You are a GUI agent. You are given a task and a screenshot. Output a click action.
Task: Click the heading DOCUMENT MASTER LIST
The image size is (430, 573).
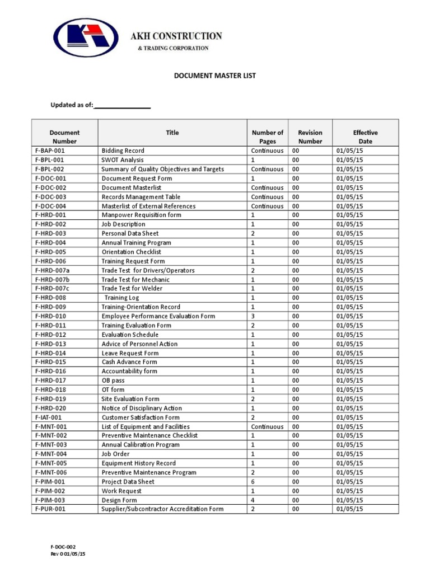click(x=215, y=76)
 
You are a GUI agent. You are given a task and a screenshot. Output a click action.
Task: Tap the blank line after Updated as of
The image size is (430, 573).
click(x=122, y=105)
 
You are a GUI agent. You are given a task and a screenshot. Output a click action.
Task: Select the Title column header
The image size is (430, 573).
click(x=172, y=133)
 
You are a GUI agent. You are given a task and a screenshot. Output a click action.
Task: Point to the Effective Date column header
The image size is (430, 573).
click(x=365, y=137)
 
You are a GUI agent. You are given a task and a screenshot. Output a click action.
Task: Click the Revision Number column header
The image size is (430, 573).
click(x=310, y=137)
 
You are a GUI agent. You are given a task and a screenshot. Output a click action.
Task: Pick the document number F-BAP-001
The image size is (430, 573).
click(x=50, y=151)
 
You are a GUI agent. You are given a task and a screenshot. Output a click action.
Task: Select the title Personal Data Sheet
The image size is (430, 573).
click(x=130, y=233)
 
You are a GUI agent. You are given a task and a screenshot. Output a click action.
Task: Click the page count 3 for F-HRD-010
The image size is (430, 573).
click(x=253, y=316)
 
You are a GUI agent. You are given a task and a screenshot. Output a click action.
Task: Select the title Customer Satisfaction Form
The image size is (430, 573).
click(x=141, y=417)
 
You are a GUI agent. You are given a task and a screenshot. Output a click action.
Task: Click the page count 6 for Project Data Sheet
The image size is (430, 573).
click(x=253, y=482)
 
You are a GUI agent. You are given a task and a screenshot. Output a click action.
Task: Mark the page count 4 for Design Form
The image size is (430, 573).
click(x=253, y=500)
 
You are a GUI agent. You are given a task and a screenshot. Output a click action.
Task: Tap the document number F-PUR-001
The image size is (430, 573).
click(x=50, y=509)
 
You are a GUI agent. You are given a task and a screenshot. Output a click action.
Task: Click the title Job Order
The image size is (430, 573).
click(x=115, y=454)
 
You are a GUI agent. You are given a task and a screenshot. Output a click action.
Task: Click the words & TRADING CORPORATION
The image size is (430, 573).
click(x=173, y=49)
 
